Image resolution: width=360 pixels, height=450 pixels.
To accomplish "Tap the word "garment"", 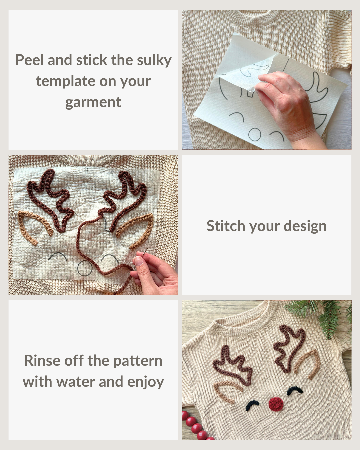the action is tap(93, 103).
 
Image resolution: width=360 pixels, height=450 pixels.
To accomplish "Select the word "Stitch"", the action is tap(226, 226).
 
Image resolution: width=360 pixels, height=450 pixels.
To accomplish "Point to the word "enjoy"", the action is tap(146, 382).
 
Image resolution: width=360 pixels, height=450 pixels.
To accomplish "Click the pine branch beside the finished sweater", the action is tap(326, 316).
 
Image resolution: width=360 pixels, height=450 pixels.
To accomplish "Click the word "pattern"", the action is tap(138, 361).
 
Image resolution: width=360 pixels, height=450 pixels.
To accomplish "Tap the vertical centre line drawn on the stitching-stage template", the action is tap(87, 178).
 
